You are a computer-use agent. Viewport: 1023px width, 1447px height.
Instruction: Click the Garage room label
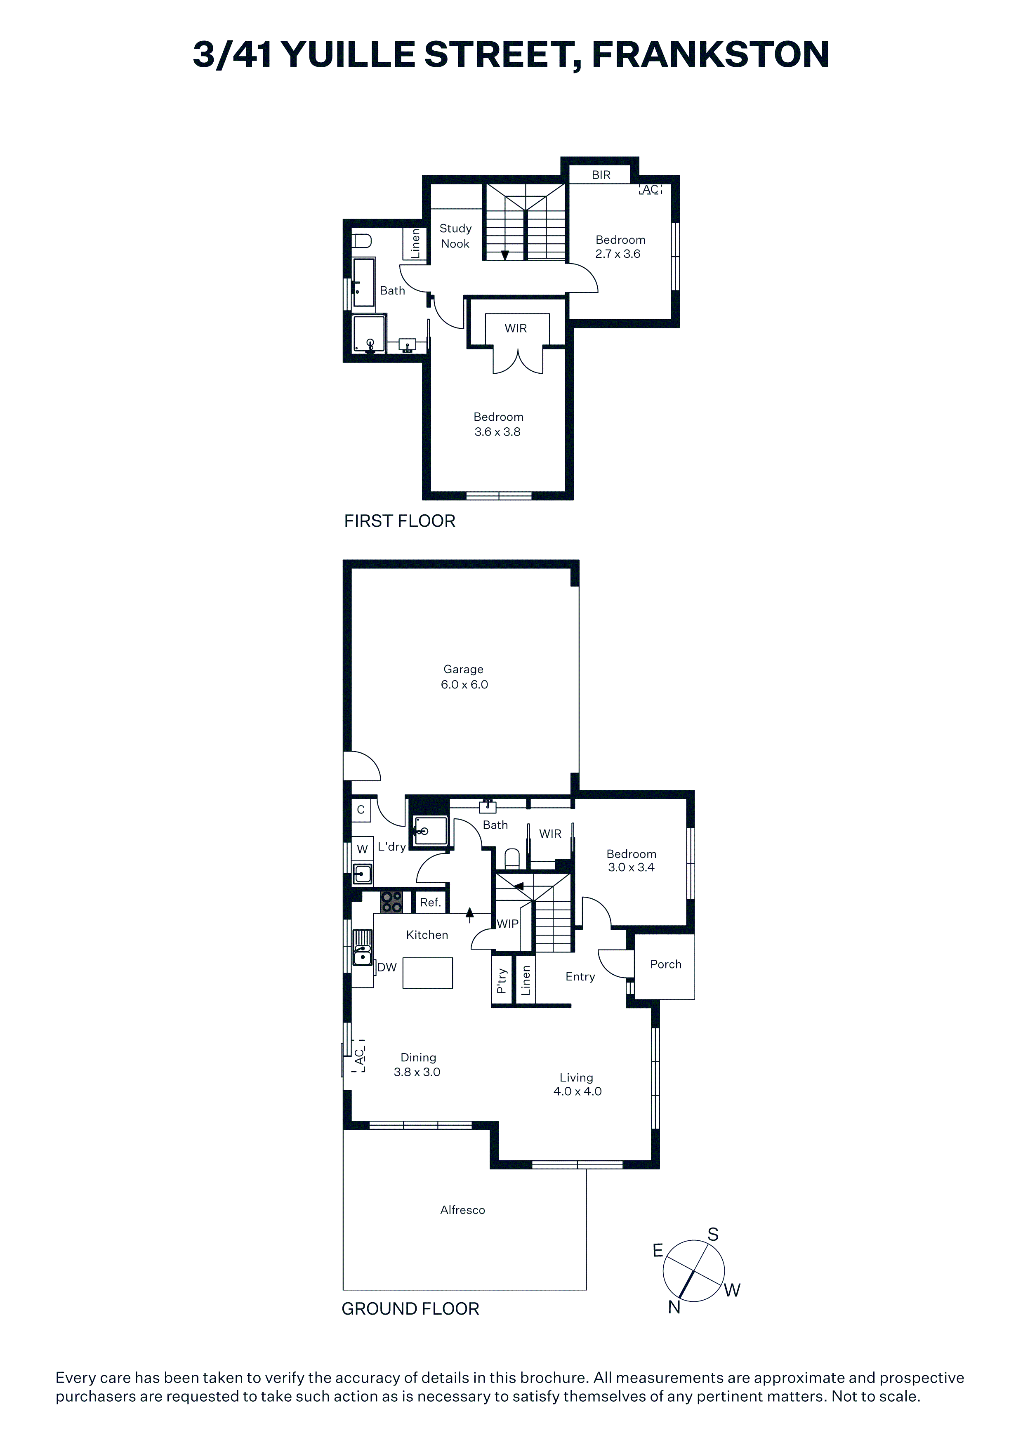pos(463,669)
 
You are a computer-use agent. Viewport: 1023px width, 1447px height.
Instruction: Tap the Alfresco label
pos(463,1210)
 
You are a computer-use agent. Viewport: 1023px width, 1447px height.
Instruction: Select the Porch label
pos(666,964)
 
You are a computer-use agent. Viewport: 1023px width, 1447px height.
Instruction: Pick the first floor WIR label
pos(516,328)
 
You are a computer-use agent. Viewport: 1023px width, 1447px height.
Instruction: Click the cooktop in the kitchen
pos(392,902)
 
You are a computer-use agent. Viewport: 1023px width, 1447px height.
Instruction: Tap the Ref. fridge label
pos(431,903)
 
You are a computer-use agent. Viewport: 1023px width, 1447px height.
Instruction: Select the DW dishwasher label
pos(387,967)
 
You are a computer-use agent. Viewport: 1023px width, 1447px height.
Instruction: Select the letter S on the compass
pos(713,1235)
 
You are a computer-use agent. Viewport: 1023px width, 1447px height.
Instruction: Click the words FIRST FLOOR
pos(400,521)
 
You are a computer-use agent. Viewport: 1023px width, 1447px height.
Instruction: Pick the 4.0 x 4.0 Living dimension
pos(577,1091)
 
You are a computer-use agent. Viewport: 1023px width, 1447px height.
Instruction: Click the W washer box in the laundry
pos(363,849)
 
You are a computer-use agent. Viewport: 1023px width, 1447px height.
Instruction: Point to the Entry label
pos(580,977)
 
